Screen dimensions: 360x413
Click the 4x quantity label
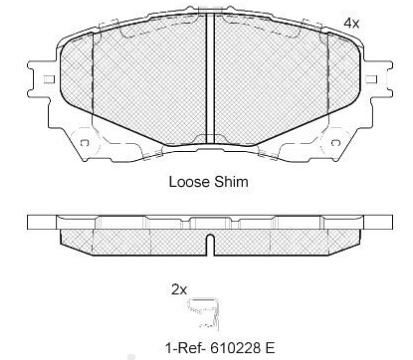(351, 21)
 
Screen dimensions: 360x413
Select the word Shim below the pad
(229, 183)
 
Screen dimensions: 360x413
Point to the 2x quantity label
(179, 290)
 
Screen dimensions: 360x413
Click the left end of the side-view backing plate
(40, 221)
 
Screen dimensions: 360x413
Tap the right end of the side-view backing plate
(372, 221)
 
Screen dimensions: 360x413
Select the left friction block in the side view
(130, 236)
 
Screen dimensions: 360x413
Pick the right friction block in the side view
(285, 236)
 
